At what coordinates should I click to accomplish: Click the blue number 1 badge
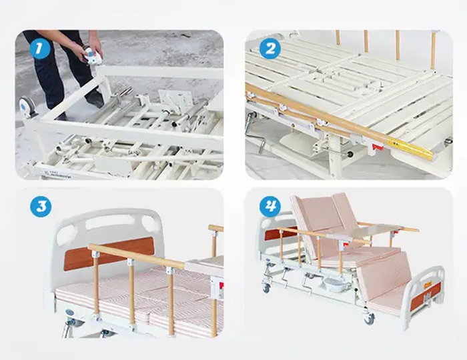39,49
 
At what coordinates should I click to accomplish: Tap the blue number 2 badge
270,49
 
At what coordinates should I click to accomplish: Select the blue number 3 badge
41,207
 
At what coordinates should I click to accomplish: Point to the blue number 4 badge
270,206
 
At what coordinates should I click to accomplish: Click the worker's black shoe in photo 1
95,98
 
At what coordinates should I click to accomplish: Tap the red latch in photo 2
378,147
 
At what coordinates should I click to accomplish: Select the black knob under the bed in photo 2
350,155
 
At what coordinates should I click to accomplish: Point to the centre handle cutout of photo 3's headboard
109,222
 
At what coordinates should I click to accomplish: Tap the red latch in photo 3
221,286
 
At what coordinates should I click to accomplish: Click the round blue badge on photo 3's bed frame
69,312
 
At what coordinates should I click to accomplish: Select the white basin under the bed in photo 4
334,284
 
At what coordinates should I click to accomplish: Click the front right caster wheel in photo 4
369,319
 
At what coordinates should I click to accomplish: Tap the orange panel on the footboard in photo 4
425,296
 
